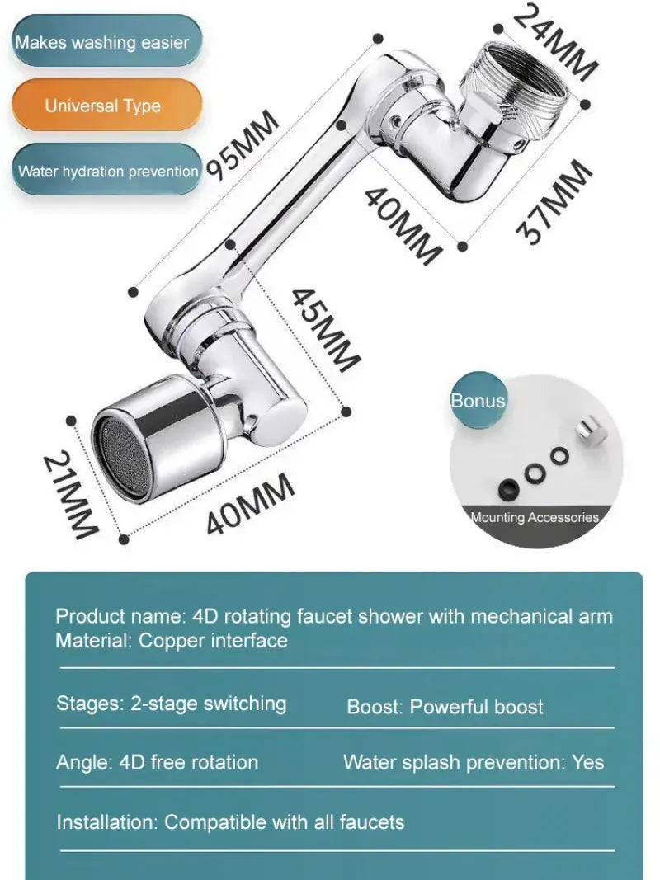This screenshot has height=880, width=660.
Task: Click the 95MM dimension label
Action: click(x=243, y=144)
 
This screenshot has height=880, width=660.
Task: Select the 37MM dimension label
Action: click(x=554, y=201)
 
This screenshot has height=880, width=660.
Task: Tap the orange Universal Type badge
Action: click(x=103, y=106)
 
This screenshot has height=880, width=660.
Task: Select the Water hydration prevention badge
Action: click(x=107, y=172)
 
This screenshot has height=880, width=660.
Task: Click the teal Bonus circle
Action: click(x=478, y=401)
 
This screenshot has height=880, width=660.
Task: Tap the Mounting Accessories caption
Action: click(x=535, y=518)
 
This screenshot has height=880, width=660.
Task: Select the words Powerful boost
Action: click(x=477, y=707)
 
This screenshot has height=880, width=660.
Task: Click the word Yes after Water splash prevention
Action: click(x=587, y=762)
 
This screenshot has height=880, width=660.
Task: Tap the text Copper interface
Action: click(x=213, y=640)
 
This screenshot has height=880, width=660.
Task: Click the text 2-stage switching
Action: click(x=209, y=704)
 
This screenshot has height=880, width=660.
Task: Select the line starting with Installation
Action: click(x=230, y=821)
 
